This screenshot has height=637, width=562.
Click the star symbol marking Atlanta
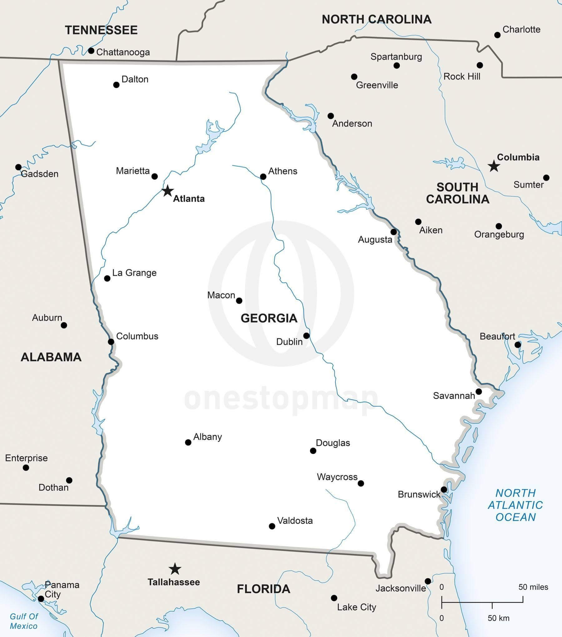click(168, 191)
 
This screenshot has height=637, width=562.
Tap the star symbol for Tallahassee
click(175, 569)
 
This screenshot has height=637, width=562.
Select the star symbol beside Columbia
click(494, 166)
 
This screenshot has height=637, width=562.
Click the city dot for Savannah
click(478, 391)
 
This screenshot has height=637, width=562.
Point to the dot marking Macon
click(239, 301)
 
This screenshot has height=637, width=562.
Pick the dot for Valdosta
click(272, 526)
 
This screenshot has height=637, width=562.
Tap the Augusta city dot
click(394, 232)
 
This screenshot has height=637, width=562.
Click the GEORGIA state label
click(269, 318)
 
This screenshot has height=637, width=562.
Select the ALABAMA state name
click(51, 357)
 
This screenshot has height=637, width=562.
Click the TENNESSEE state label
click(101, 30)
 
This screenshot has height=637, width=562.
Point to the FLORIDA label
click(264, 589)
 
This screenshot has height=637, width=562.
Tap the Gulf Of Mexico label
click(24, 621)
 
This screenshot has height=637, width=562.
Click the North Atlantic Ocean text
click(515, 505)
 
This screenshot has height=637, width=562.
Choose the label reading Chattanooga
click(123, 52)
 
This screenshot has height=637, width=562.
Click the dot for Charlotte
click(497, 35)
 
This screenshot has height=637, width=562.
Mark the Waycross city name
click(337, 477)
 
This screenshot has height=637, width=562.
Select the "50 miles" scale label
click(533, 587)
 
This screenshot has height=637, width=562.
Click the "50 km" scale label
click(499, 618)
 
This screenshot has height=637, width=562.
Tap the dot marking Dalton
click(116, 85)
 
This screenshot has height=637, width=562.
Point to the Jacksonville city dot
click(428, 581)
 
